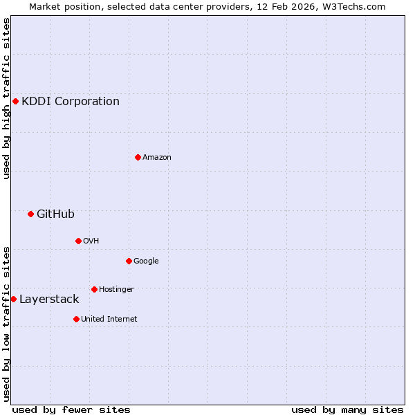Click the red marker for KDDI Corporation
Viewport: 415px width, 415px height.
pyautogui.click(x=15, y=102)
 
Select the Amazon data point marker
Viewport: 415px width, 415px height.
pyautogui.click(x=138, y=157)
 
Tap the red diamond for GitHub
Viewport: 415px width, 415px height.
pyautogui.click(x=30, y=214)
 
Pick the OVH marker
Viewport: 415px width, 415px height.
pyautogui.click(x=78, y=241)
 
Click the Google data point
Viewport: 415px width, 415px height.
pyautogui.click(x=129, y=261)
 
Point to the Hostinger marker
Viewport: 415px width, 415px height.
pyautogui.click(x=94, y=289)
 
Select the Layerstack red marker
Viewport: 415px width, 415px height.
pyautogui.click(x=13, y=299)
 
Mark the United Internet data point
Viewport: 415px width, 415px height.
pyautogui.click(x=76, y=319)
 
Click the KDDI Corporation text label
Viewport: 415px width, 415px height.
pyautogui.click(x=71, y=102)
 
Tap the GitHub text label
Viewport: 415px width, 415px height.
pyautogui.click(x=55, y=214)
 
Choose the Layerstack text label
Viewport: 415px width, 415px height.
pyautogui.click(x=49, y=299)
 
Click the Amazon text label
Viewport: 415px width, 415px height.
pyautogui.click(x=157, y=158)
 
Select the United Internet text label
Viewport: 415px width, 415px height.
pyautogui.click(x=109, y=320)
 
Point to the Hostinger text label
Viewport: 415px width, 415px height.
pyautogui.click(x=116, y=289)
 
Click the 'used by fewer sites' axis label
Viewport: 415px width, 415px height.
pyautogui.click(x=71, y=409)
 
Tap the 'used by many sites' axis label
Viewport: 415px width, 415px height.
pyautogui.click(x=347, y=409)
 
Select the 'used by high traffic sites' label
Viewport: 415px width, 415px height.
pyautogui.click(x=6, y=98)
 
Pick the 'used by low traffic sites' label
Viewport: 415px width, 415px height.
pyautogui.click(x=6, y=323)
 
